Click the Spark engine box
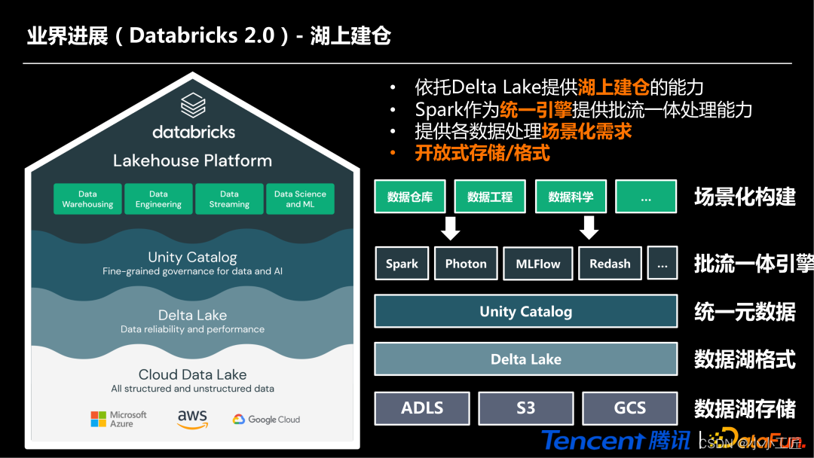click(x=402, y=264)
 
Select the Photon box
click(x=466, y=264)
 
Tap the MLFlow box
click(x=538, y=264)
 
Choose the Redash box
click(x=610, y=264)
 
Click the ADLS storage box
click(x=422, y=408)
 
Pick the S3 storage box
click(x=526, y=408)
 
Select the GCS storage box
click(x=630, y=408)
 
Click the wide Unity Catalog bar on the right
click(x=526, y=312)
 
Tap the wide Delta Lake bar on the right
click(x=526, y=359)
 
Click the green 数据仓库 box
click(x=410, y=197)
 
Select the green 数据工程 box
click(x=490, y=197)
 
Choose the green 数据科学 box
click(x=571, y=197)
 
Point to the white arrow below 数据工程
click(x=451, y=227)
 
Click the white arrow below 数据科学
click(x=589, y=227)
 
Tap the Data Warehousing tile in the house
click(x=87, y=199)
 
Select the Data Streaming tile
click(x=229, y=199)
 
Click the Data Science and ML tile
click(x=300, y=199)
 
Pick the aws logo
click(x=192, y=419)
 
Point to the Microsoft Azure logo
click(x=118, y=419)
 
